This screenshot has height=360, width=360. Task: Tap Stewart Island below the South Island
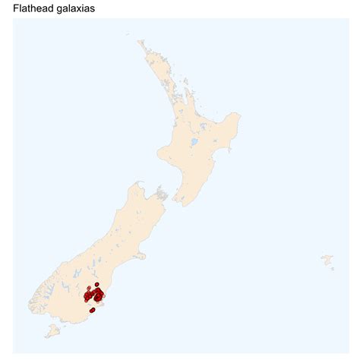[52, 331]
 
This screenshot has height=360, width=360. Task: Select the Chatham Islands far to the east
[327, 261]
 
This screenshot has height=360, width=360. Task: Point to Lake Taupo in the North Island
[194, 141]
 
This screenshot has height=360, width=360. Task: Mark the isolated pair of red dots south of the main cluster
[92, 310]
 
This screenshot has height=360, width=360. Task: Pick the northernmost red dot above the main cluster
[97, 284]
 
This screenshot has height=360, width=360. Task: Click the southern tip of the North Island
[180, 203]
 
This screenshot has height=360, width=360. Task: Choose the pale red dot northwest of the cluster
[89, 289]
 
